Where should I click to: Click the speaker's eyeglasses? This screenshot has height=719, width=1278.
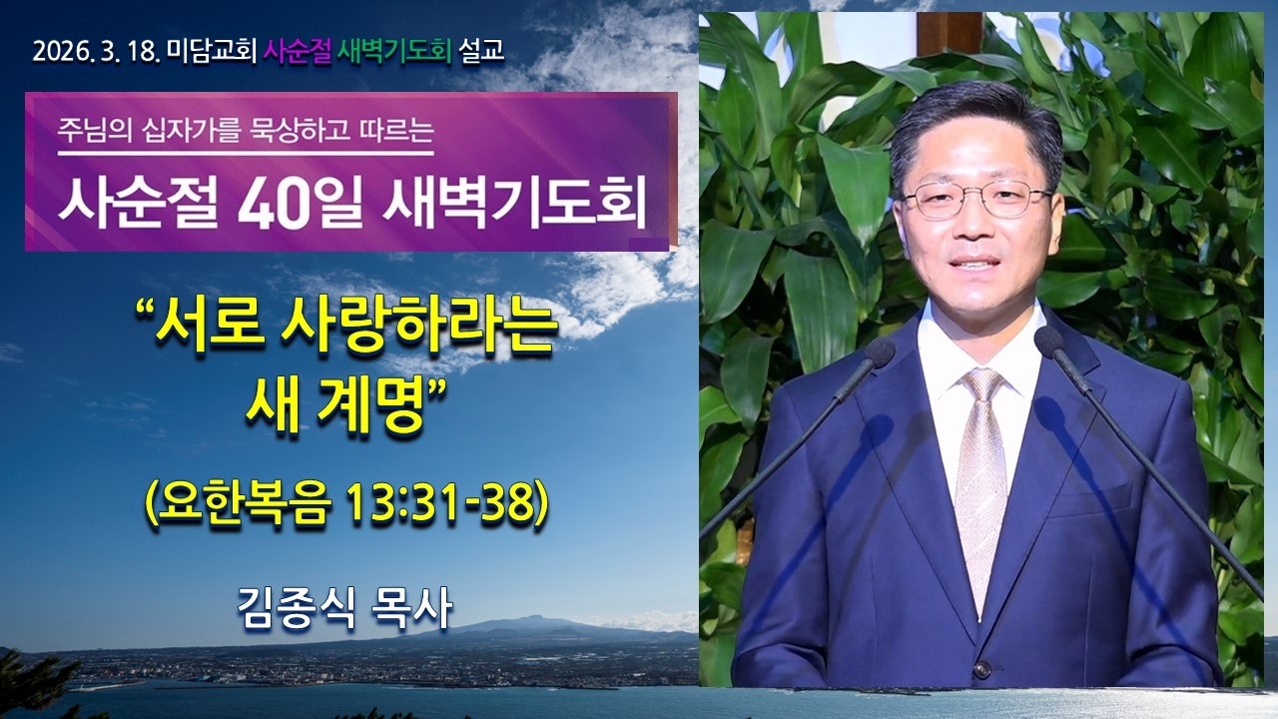(975, 199)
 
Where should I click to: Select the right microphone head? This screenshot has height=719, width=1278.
(1050, 342)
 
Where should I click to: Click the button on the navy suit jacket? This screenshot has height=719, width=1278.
(981, 668)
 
